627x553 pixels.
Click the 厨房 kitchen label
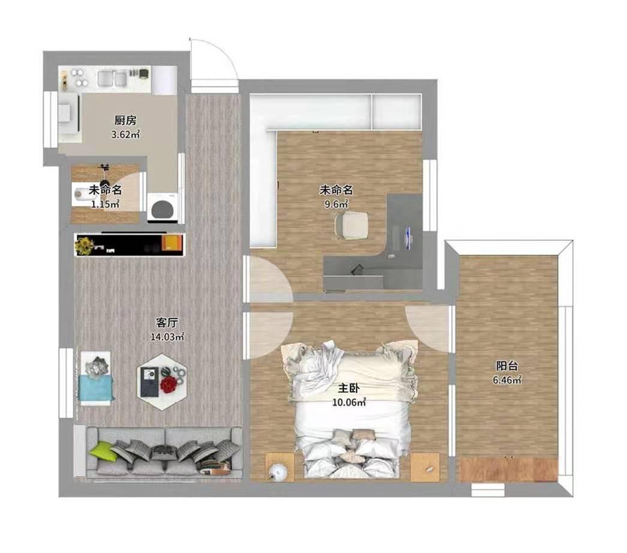(125, 120)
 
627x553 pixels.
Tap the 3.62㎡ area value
(125, 134)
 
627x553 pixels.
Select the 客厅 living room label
(167, 322)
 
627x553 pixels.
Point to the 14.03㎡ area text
(167, 337)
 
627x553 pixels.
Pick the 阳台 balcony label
(507, 366)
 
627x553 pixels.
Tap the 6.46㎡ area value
(507, 380)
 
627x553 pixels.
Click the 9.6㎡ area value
(336, 204)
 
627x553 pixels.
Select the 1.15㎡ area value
(105, 205)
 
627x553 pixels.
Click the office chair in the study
(351, 226)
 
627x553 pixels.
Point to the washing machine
(162, 207)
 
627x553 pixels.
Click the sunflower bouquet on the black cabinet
(85, 245)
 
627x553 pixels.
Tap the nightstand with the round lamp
(280, 467)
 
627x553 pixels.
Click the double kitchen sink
(112, 78)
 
